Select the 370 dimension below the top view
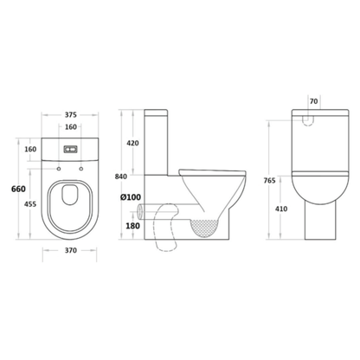point(70,250)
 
